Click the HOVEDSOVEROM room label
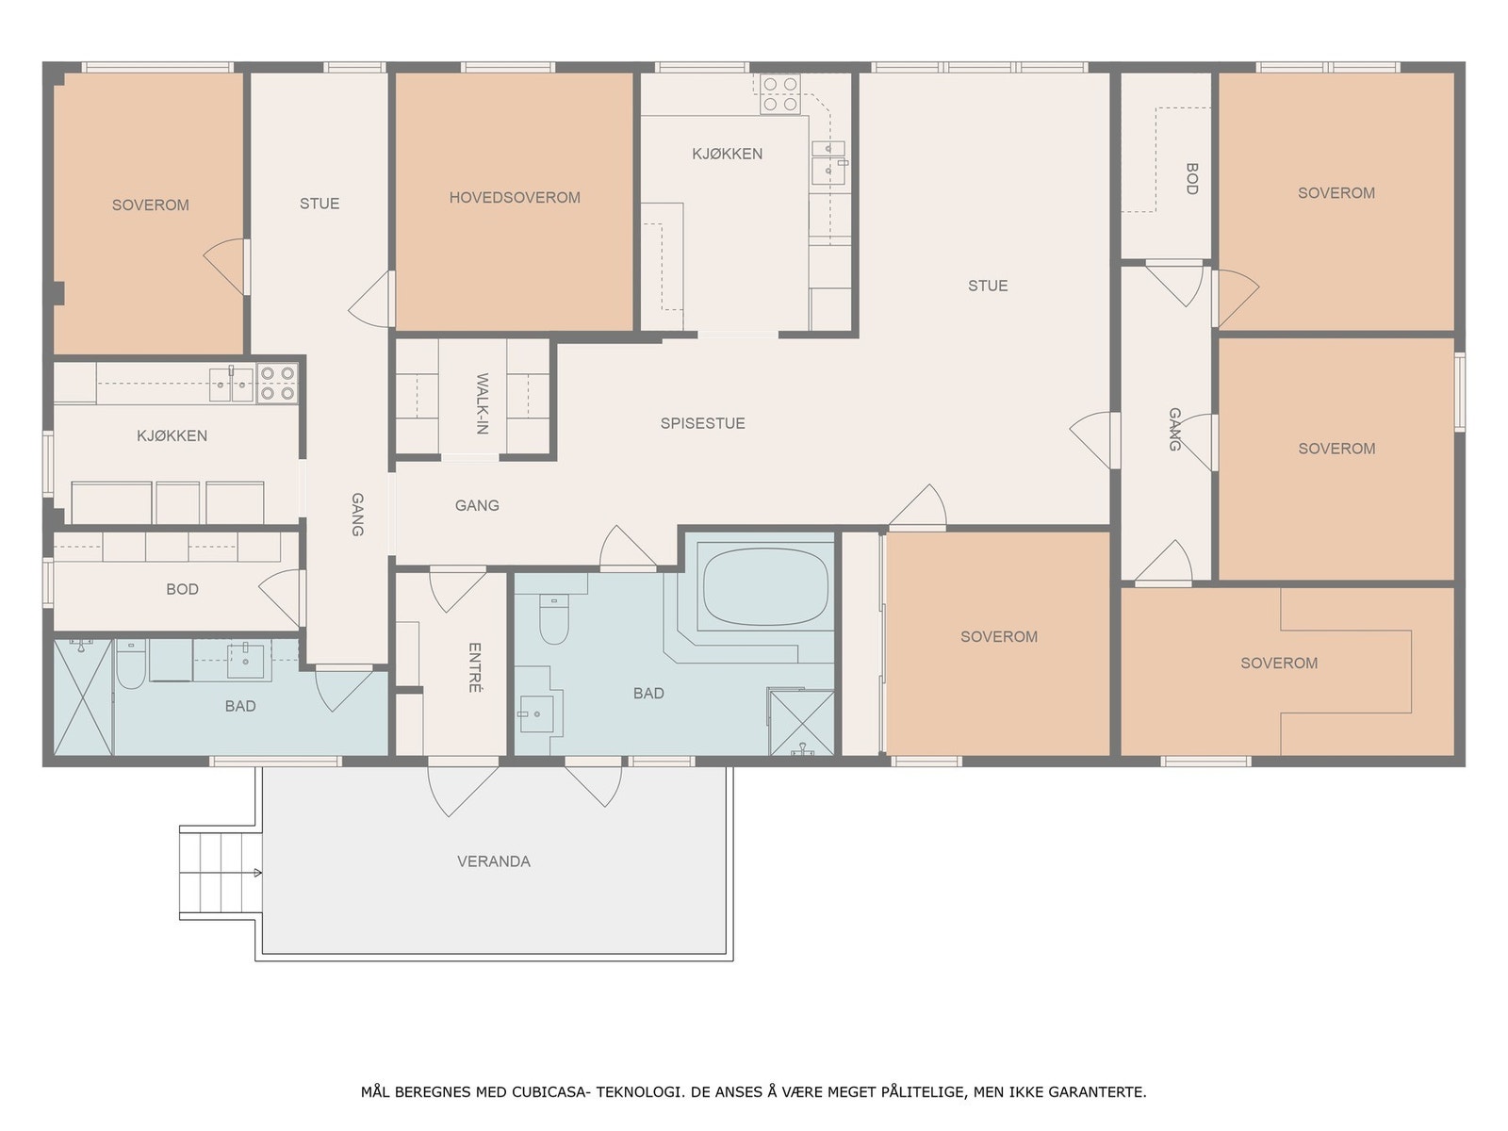[515, 198]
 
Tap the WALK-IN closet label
[483, 403]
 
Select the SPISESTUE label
[703, 423]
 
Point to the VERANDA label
[494, 861]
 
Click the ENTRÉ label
[474, 666]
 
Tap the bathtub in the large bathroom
[765, 585]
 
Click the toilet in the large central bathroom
[554, 618]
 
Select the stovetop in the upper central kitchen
[780, 94]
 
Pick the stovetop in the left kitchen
[277, 384]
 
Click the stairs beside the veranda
[221, 872]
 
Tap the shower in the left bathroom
[83, 697]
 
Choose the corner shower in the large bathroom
[802, 723]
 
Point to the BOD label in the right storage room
[1192, 178]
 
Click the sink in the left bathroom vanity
[245, 661]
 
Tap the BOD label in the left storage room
[182, 589]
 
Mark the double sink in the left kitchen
[232, 385]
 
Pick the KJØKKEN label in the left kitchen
[172, 436]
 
